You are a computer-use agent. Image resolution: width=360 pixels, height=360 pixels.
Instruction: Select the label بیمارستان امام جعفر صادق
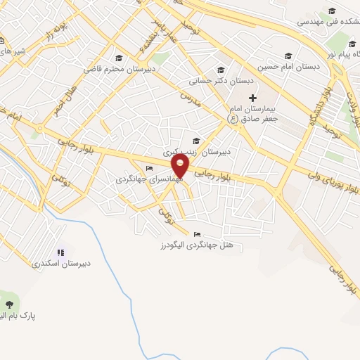pyautogui.click(x=255, y=114)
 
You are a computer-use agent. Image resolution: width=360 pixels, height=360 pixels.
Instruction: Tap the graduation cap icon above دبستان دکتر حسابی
pyautogui.click(x=221, y=70)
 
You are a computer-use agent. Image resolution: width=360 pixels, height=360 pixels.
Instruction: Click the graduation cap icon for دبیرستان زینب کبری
pyautogui.click(x=195, y=141)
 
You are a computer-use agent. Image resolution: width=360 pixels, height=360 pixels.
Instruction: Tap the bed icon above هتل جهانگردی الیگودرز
pyautogui.click(x=197, y=234)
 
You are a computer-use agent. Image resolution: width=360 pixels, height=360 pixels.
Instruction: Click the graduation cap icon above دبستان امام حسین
pyautogui.click(x=287, y=56)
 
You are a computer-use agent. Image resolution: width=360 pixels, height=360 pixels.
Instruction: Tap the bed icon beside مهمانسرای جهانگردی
pyautogui.click(x=148, y=168)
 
